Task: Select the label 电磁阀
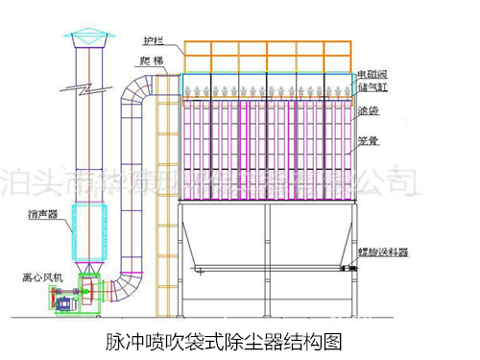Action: (371, 73)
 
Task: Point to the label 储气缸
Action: (371, 85)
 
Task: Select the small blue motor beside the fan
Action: (67, 301)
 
